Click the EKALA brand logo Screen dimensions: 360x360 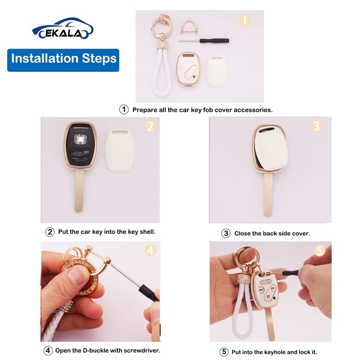(x=63, y=28)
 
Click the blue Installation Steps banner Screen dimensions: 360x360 (x=63, y=60)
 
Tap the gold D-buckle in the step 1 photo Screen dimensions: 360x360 (x=189, y=27)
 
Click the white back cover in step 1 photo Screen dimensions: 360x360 (x=217, y=71)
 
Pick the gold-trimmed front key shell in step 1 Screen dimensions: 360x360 (x=188, y=69)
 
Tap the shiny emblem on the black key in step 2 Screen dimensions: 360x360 (x=80, y=139)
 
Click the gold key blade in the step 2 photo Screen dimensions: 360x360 (x=79, y=190)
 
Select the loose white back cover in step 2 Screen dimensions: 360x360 (x=120, y=150)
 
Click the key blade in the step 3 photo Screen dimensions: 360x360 (x=268, y=194)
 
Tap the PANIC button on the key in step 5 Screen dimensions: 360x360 (x=265, y=282)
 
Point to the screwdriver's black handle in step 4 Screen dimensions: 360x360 (x=149, y=293)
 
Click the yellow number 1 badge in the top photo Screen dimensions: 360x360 (x=244, y=21)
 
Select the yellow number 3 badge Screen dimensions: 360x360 (x=316, y=126)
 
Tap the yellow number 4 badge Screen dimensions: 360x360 (x=150, y=250)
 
